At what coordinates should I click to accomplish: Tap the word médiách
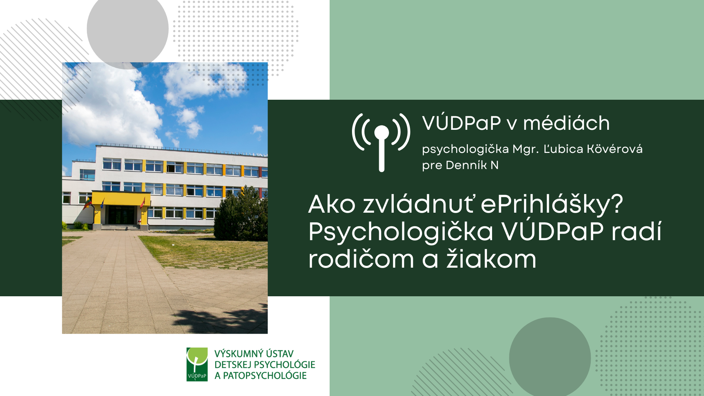tap(566, 123)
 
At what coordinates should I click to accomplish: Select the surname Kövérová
tap(615, 149)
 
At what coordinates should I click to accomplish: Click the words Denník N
tap(472, 165)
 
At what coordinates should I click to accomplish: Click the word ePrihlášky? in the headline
tap(552, 205)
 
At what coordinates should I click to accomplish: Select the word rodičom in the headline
tap(361, 259)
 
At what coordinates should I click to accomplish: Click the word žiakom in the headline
tap(491, 259)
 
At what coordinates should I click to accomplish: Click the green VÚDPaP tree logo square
tap(197, 364)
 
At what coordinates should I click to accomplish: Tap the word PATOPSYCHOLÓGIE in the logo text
tap(265, 375)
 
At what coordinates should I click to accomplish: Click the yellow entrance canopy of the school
tap(121, 198)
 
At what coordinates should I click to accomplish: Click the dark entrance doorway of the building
tap(121, 215)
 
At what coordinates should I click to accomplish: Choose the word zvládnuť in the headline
tap(420, 204)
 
